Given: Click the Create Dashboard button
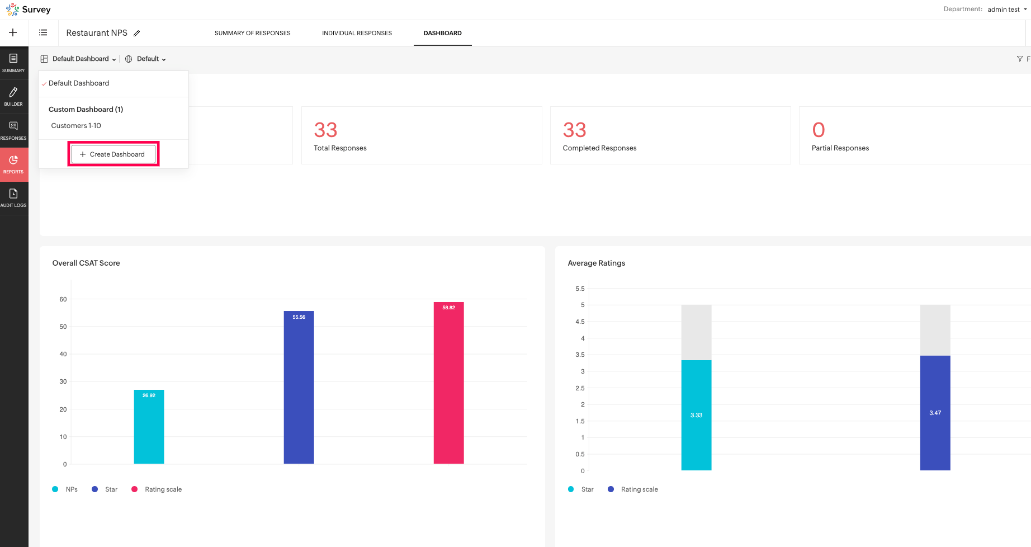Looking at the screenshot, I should pyautogui.click(x=113, y=154).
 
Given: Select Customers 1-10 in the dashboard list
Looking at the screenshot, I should pyautogui.click(x=76, y=126).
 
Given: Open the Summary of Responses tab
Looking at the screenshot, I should pyautogui.click(x=252, y=33).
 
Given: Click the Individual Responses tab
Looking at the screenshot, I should pyautogui.click(x=357, y=33).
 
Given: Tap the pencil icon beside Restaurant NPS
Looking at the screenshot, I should pyautogui.click(x=137, y=34).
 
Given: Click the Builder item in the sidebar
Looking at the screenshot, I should pyautogui.click(x=13, y=96).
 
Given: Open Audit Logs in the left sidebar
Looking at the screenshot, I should pyautogui.click(x=13, y=197).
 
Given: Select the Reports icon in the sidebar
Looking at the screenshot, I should pyautogui.click(x=13, y=164).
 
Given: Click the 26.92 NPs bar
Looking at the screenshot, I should pyautogui.click(x=149, y=428).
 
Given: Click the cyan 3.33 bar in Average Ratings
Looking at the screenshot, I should pyautogui.click(x=696, y=415).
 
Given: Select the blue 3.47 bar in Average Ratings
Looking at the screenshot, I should pyautogui.click(x=935, y=413).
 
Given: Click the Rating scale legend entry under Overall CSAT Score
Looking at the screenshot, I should pyautogui.click(x=163, y=489).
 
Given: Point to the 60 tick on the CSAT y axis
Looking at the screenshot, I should pyautogui.click(x=63, y=299).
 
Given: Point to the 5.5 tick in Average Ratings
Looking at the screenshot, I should pyautogui.click(x=580, y=289).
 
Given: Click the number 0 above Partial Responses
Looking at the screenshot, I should pyautogui.click(x=819, y=130).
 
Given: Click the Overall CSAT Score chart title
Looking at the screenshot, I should pyautogui.click(x=86, y=263).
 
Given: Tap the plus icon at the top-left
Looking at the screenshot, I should pyautogui.click(x=13, y=32).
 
